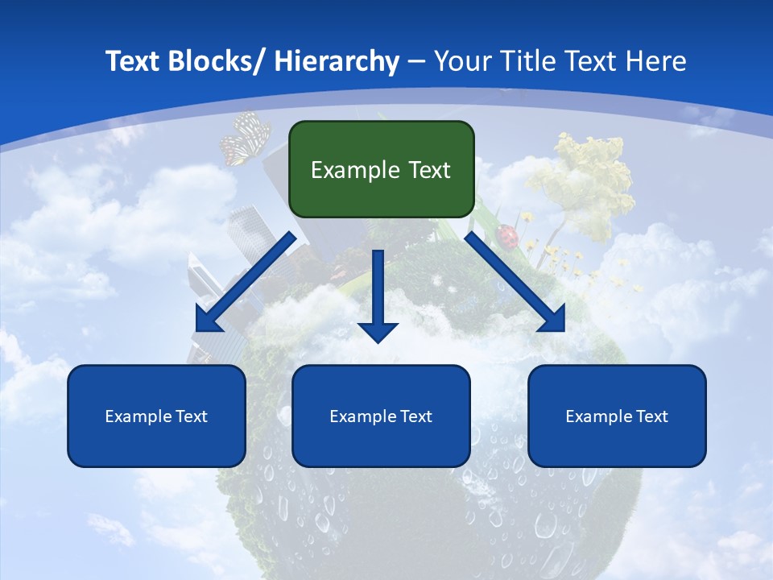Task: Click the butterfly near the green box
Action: tap(244, 139)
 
